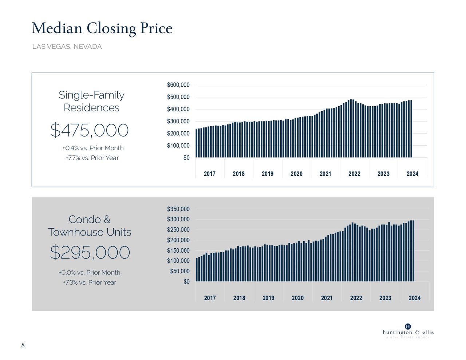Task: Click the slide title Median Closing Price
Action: [102, 28]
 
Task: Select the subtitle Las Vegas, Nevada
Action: [67, 47]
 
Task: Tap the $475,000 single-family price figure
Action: [90, 130]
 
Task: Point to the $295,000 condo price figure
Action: [90, 252]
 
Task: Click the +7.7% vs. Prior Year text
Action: [92, 158]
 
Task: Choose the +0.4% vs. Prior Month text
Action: [93, 148]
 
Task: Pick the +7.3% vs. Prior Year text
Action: [90, 282]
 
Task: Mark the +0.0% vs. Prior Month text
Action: [90, 273]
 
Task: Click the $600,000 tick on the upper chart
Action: [178, 85]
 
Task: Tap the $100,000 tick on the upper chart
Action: [178, 146]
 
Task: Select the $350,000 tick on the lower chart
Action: [178, 209]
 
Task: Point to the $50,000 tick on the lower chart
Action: [179, 271]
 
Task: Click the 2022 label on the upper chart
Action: [354, 174]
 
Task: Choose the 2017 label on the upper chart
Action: [210, 174]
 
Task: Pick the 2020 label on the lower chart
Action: [297, 298]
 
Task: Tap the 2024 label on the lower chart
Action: [414, 298]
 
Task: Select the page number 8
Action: [23, 345]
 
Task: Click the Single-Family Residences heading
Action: [91, 101]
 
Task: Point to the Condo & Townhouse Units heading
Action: [90, 226]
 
